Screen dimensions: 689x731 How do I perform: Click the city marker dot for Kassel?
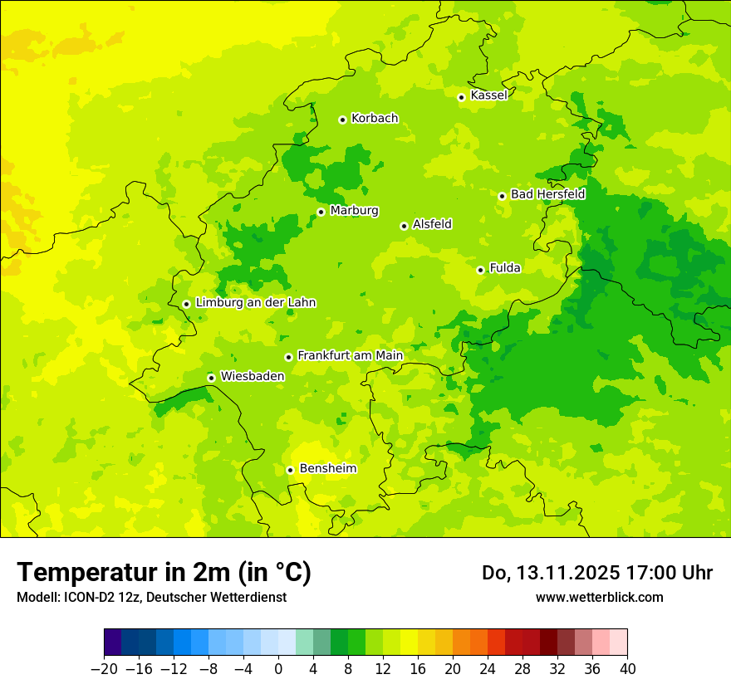tap(461, 97)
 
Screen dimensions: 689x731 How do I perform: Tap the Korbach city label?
tap(375, 119)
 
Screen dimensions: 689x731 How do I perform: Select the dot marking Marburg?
tap(321, 212)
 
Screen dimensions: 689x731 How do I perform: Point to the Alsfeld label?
tap(432, 224)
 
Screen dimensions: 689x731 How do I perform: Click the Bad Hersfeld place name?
tap(547, 194)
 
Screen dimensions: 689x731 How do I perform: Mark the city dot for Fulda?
tap(480, 270)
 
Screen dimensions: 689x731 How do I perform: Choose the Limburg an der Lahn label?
tap(255, 303)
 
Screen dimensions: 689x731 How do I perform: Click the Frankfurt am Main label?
tap(350, 356)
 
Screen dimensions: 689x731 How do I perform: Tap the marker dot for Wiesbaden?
tap(211, 378)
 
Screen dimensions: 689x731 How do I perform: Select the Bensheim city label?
tap(327, 469)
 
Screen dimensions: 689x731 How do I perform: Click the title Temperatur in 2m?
tap(164, 573)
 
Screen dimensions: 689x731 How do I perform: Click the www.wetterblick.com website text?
tap(599, 597)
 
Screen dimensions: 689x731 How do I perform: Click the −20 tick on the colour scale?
tap(104, 668)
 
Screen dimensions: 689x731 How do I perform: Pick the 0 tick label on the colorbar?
tap(278, 668)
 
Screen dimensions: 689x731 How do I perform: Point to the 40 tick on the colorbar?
tap(627, 668)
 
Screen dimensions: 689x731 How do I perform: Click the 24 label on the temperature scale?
tap(488, 668)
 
